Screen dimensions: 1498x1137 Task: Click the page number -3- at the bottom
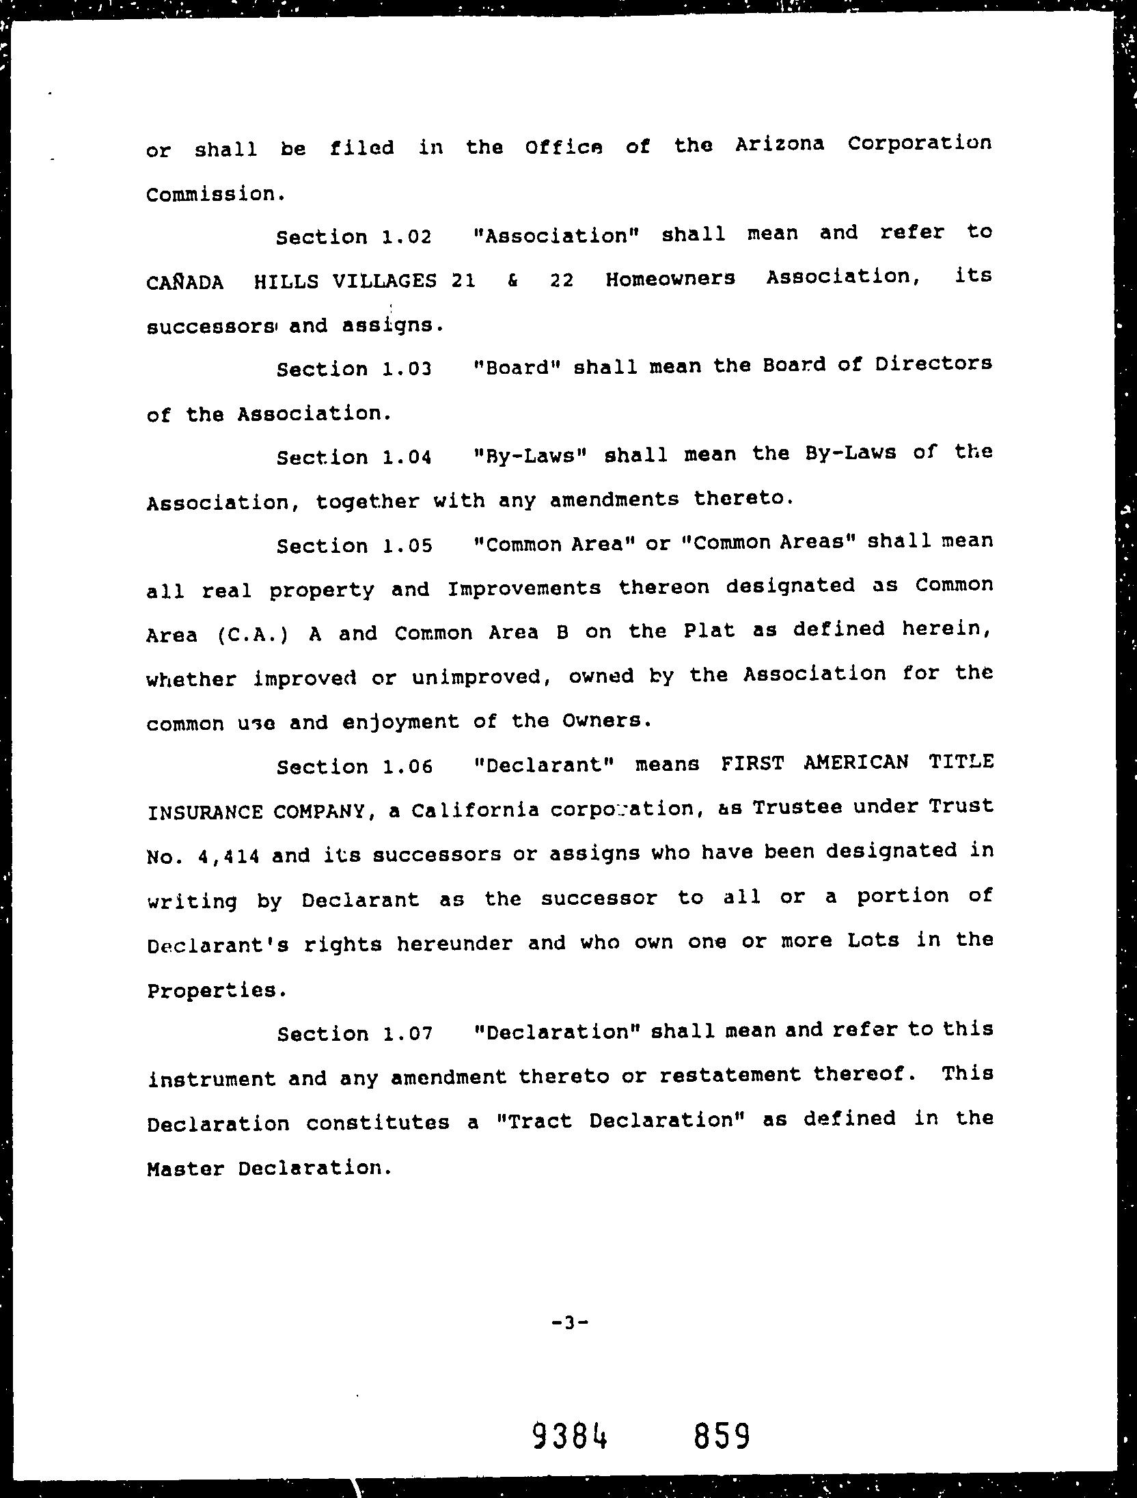pos(569,1322)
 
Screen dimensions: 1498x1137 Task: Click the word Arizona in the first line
pos(780,145)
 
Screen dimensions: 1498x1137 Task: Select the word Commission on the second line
pos(210,195)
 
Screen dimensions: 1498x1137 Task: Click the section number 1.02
pos(407,237)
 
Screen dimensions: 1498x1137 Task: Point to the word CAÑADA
pos(184,282)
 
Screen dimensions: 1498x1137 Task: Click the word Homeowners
pos(670,279)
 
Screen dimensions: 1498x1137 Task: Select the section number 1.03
pos(407,370)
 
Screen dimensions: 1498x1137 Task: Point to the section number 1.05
pos(408,546)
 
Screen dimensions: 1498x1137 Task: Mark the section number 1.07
pos(408,1034)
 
